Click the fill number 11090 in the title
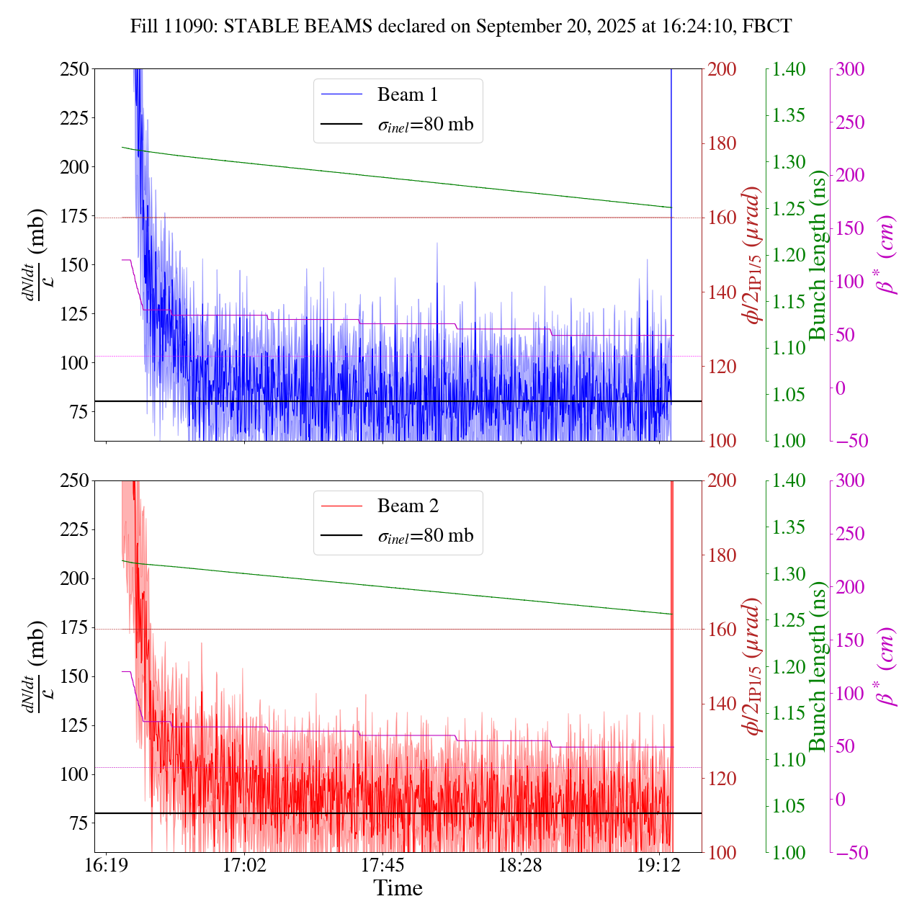pyautogui.click(x=196, y=27)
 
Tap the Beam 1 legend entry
pyautogui.click(x=407, y=94)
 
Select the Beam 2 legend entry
pyautogui.click(x=407, y=506)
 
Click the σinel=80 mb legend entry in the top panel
pyautogui.click(x=425, y=125)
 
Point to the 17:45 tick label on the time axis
pyautogui.click(x=382, y=864)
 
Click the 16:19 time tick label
pyautogui.click(x=107, y=864)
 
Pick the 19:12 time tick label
pyautogui.click(x=659, y=864)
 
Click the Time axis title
pyautogui.click(x=398, y=888)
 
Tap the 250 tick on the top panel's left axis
pyautogui.click(x=74, y=69)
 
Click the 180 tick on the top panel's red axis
pyautogui.click(x=722, y=143)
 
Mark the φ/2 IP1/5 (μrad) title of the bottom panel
pyautogui.click(x=754, y=666)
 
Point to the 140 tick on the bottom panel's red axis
pyautogui.click(x=722, y=704)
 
